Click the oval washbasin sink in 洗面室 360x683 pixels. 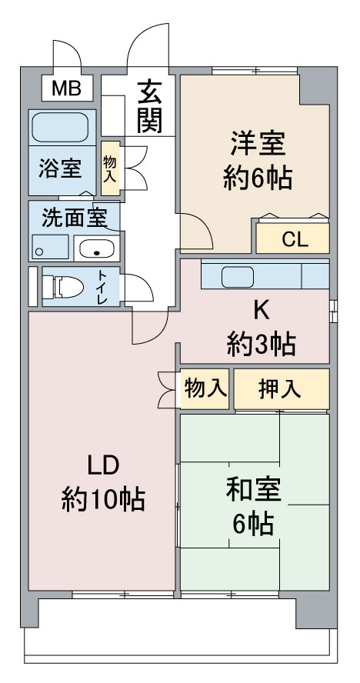[x=95, y=248]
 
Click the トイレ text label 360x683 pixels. [x=101, y=287]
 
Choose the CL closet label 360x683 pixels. [x=293, y=239]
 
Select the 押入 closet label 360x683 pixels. [x=279, y=390]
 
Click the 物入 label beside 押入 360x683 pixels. [x=205, y=389]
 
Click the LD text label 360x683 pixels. [x=103, y=465]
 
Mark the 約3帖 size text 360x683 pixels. [x=262, y=344]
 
